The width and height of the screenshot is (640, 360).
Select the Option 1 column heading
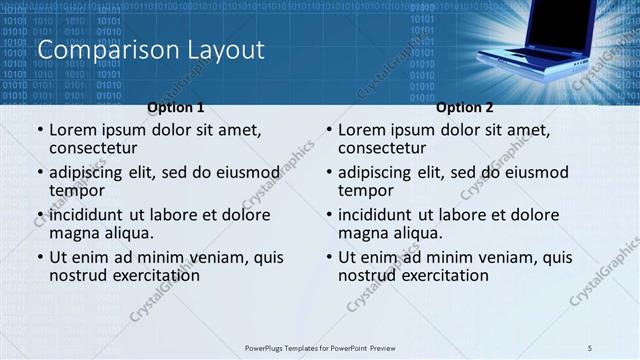tap(176, 107)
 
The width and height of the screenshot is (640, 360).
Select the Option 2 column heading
tap(465, 107)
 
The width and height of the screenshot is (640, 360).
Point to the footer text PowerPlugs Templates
tap(290, 348)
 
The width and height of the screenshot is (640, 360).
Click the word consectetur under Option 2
tap(382, 149)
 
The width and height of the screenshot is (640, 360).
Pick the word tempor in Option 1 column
tap(77, 191)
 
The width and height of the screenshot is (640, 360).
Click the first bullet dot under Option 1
tap(40, 130)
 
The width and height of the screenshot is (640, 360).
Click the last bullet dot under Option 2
tap(329, 257)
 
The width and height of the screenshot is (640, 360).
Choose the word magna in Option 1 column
tap(75, 233)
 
